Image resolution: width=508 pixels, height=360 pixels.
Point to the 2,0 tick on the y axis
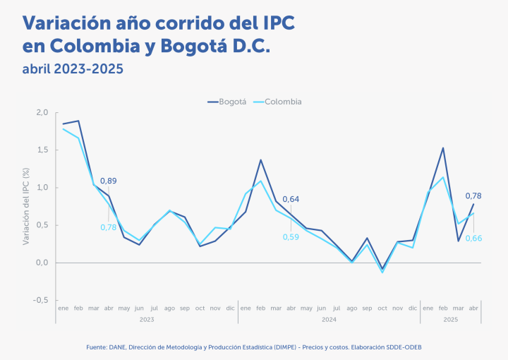[42, 113]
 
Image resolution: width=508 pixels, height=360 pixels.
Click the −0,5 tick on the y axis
[40, 300]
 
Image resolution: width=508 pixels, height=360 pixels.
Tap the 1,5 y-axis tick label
[42, 150]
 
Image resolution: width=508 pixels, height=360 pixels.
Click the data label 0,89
[109, 181]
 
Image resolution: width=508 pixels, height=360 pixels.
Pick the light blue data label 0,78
[109, 227]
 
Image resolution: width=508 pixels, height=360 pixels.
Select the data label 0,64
[291, 199]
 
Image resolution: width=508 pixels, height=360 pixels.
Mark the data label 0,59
[290, 236]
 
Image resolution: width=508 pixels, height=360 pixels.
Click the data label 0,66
[473, 238]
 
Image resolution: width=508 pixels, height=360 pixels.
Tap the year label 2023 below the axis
[147, 320]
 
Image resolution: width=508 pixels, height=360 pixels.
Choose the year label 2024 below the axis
[329, 320]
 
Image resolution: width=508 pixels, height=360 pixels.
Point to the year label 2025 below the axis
[451, 320]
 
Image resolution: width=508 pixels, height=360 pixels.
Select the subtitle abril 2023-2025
[73, 69]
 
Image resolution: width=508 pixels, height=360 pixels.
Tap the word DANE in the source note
[117, 347]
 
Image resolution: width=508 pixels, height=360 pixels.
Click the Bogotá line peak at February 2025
[443, 148]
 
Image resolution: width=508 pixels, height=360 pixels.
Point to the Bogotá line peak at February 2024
[260, 160]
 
